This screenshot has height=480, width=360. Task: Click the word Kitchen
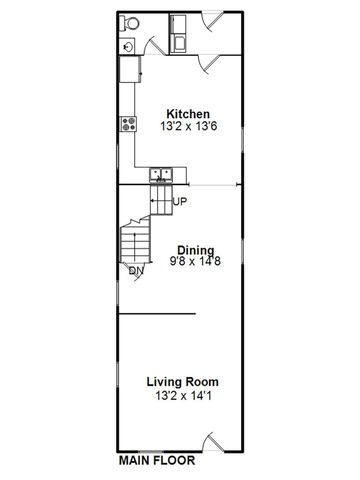tap(187, 113)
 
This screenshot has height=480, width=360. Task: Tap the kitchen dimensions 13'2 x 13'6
tap(187, 127)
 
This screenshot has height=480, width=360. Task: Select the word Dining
tap(196, 250)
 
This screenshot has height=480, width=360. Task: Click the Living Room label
tap(183, 382)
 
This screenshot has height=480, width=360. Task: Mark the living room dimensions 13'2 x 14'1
tap(183, 396)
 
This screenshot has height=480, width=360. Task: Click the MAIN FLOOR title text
tap(157, 462)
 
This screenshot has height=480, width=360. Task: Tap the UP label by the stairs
tap(180, 203)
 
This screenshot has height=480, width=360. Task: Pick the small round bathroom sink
tap(128, 45)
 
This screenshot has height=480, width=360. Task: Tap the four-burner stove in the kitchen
tap(129, 124)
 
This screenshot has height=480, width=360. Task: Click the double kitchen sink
tap(162, 176)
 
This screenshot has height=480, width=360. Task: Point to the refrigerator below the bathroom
tap(131, 69)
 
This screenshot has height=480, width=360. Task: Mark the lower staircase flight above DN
tap(131, 243)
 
